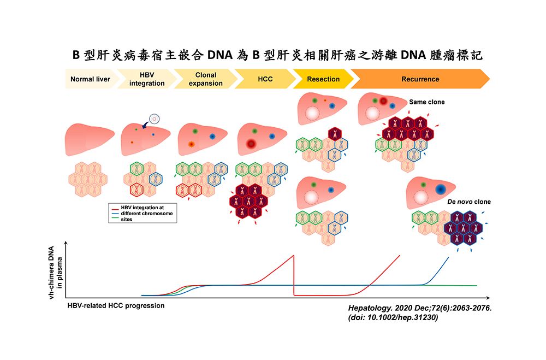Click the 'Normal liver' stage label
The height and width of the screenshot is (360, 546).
(x=90, y=79)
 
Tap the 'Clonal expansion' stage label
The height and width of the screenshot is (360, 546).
(x=205, y=79)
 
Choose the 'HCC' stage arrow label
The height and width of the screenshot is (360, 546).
(x=265, y=79)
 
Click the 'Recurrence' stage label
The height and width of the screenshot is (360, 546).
(x=420, y=79)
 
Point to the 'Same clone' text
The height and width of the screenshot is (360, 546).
(x=427, y=102)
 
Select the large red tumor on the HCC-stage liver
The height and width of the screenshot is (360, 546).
(x=251, y=144)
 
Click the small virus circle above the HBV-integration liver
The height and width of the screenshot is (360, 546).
(x=155, y=117)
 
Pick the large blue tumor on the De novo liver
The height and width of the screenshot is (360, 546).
(x=441, y=189)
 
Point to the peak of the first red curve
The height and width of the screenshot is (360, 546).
(x=294, y=255)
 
